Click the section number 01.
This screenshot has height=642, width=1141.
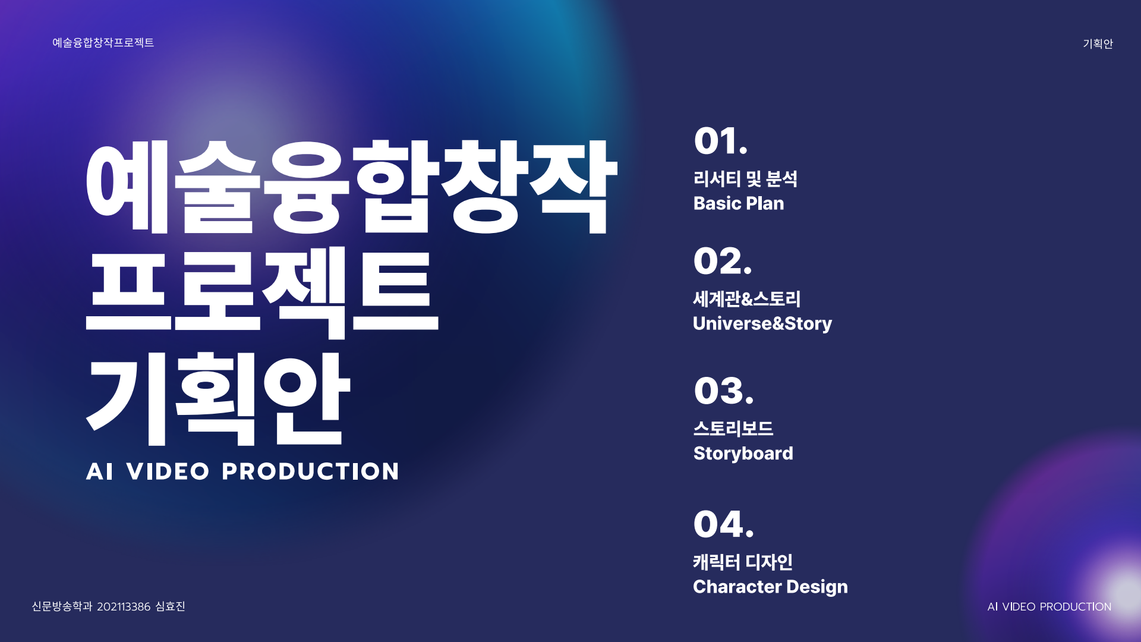click(x=720, y=141)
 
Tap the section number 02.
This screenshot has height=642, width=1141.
click(x=722, y=261)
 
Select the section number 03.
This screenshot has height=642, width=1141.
click(x=723, y=391)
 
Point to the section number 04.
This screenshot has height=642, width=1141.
click(x=723, y=524)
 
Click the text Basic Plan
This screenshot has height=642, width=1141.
click(x=739, y=203)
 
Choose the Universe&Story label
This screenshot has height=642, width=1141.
click(x=762, y=323)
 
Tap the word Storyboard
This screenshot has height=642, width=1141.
click(x=743, y=454)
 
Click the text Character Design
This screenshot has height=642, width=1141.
click(x=770, y=587)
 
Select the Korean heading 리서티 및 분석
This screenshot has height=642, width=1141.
click(x=745, y=179)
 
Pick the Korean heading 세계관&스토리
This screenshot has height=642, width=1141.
click(x=747, y=299)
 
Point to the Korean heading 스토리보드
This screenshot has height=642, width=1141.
click(x=733, y=429)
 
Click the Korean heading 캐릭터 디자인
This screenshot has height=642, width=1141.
click(x=743, y=562)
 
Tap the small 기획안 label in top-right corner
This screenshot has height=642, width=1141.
click(x=1098, y=43)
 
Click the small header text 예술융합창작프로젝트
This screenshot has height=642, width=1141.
click(x=103, y=42)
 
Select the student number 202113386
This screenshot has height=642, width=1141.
click(x=124, y=607)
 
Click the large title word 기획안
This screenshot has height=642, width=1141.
click(x=218, y=398)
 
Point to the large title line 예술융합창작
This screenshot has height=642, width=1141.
click(x=352, y=187)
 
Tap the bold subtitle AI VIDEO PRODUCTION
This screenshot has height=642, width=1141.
click(x=242, y=471)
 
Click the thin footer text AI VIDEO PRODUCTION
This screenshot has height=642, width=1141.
click(x=1049, y=607)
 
